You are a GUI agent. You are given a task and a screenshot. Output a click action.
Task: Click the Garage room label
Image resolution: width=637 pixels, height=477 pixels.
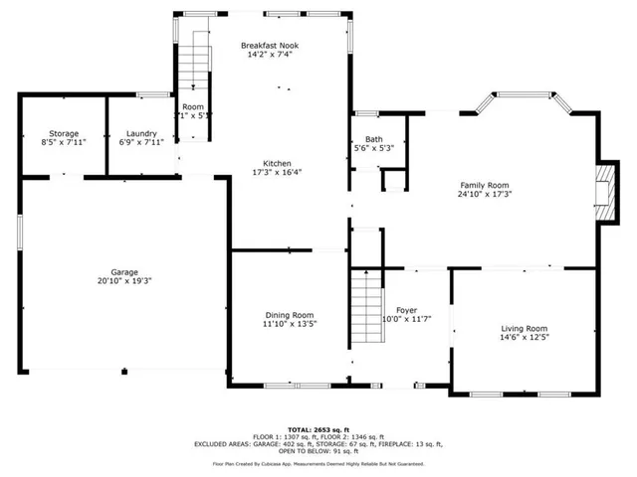click(x=124, y=272)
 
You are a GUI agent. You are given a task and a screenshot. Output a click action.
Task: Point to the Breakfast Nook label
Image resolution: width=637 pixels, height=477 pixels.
click(x=270, y=46)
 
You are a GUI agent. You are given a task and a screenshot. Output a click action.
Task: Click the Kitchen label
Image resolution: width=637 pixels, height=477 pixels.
click(x=277, y=163)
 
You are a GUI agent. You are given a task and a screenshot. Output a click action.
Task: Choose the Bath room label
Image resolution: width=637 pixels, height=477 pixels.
click(x=374, y=139)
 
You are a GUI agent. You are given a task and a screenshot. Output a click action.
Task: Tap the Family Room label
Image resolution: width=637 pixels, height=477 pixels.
click(x=484, y=185)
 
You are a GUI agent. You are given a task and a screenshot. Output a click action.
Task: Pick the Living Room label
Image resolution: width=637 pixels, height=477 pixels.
click(x=524, y=328)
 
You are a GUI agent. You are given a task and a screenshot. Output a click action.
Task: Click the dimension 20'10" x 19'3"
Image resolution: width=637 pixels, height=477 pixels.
click(x=124, y=281)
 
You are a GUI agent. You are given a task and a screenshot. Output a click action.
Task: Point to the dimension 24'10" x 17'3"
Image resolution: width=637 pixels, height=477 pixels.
click(x=484, y=194)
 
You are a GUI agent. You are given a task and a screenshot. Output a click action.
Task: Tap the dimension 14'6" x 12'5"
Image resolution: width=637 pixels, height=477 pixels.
click(x=524, y=338)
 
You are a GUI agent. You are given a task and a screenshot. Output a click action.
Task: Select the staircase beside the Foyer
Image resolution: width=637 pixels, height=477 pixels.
click(x=367, y=308)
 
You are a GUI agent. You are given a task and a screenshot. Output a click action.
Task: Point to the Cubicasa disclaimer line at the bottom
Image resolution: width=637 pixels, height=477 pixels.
click(x=318, y=463)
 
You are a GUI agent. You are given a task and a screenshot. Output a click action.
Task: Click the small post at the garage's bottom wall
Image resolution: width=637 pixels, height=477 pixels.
click(x=124, y=372)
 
